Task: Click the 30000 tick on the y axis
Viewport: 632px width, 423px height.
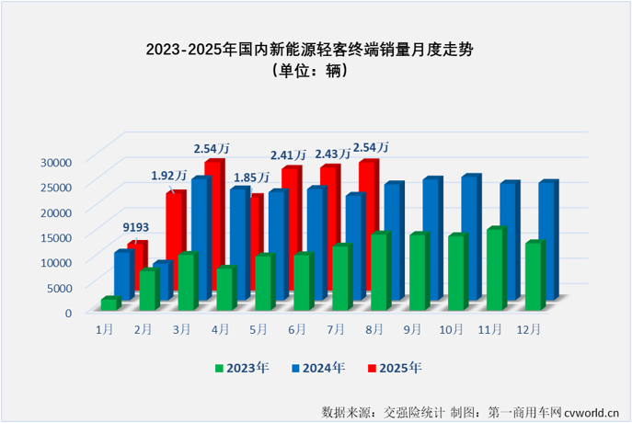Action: pos(58,162)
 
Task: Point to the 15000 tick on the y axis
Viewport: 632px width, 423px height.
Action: pos(58,237)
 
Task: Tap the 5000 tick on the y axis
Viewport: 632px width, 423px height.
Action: pos(61,288)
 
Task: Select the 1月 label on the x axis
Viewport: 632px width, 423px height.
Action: pos(105,328)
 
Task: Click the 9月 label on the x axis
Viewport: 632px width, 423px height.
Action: pos(411,328)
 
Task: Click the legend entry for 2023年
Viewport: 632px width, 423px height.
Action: pos(242,368)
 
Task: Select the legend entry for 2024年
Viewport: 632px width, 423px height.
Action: pos(318,368)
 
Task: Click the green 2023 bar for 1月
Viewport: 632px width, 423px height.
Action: pos(109,304)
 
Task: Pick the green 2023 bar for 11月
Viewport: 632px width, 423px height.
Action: pos(496,269)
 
